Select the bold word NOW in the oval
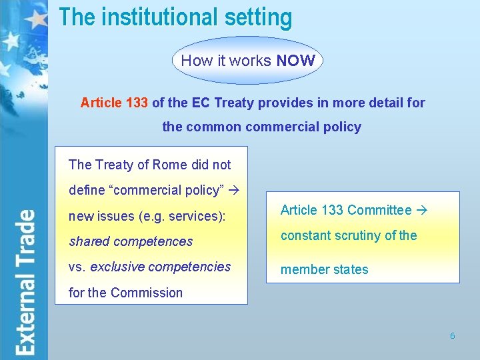point(295,61)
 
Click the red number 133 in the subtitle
point(137,103)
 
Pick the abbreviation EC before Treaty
point(201,103)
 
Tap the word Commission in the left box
point(147,293)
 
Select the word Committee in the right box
point(379,210)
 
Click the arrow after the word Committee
point(420,210)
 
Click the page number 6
point(452,336)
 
